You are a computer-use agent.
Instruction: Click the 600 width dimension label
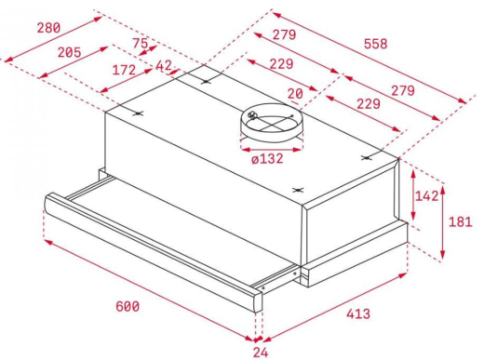128,306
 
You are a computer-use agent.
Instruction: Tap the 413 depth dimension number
358,313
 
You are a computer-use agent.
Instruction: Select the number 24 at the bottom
261,353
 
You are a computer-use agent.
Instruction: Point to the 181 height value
461,222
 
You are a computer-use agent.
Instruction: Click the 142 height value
427,196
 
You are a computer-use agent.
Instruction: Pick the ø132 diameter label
267,159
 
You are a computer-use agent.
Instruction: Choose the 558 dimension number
376,44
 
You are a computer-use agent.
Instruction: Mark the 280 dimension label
48,28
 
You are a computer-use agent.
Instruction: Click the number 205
69,52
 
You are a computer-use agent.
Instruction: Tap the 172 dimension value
124,70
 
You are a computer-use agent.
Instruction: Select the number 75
141,44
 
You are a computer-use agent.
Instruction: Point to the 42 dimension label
164,65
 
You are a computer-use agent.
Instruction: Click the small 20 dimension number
295,94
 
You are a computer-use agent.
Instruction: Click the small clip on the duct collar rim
253,115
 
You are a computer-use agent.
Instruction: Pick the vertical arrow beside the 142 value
413,194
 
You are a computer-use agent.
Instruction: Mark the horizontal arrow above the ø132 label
272,150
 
